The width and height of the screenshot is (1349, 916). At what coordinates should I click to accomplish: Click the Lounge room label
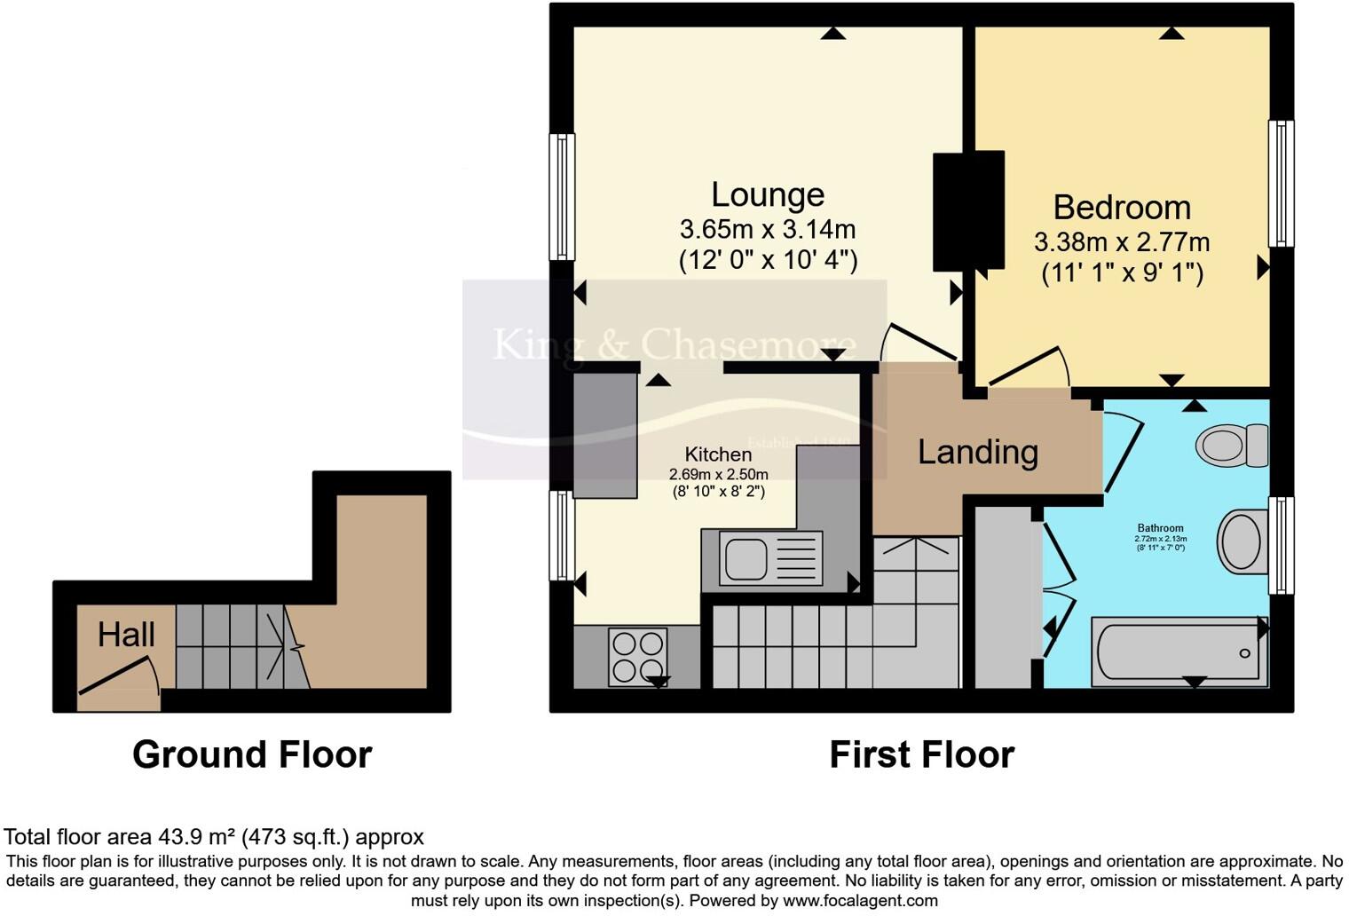click(x=768, y=194)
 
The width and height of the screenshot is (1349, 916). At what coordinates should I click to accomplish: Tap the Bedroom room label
click(x=1122, y=207)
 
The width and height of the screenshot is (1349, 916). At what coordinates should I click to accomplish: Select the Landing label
click(x=977, y=452)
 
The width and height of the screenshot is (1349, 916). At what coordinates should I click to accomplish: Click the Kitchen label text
click(x=718, y=454)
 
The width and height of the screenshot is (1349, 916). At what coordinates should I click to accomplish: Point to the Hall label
click(x=126, y=635)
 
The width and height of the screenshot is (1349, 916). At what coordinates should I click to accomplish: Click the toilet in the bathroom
click(x=1233, y=445)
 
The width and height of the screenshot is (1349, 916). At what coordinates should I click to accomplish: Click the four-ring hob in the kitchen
click(x=636, y=656)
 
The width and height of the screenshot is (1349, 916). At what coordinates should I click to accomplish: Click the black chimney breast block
click(x=968, y=210)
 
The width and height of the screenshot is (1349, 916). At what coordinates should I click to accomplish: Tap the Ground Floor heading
click(x=252, y=754)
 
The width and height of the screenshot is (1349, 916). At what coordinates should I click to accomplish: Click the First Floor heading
click(x=921, y=754)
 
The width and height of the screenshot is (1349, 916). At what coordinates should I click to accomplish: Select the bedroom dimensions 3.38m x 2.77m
click(x=1122, y=241)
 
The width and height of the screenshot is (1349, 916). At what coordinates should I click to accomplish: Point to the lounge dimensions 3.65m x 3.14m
click(x=768, y=229)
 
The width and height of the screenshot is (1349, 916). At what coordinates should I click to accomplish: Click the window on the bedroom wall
click(x=1281, y=183)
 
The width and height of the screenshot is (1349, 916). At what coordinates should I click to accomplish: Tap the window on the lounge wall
click(x=562, y=196)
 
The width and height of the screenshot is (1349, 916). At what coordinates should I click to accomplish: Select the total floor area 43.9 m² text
click(x=214, y=836)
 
